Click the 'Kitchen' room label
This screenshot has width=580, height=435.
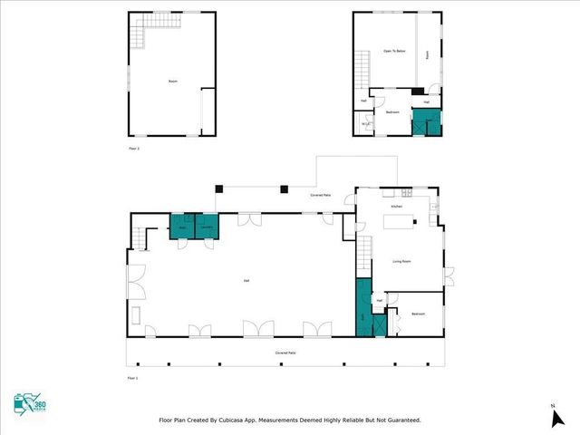click(x=396, y=207)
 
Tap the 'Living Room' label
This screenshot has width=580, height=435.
click(x=402, y=262)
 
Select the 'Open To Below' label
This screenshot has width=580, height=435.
click(x=393, y=51)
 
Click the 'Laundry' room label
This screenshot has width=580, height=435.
click(x=207, y=228)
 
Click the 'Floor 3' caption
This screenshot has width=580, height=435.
click(x=134, y=147)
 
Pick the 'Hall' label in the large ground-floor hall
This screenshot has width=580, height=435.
click(x=246, y=281)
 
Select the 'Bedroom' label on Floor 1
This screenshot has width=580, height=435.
click(x=418, y=314)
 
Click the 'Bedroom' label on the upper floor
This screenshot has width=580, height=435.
click(x=393, y=112)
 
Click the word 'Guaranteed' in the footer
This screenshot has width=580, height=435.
click(x=399, y=420)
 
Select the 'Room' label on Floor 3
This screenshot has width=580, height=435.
click(x=172, y=82)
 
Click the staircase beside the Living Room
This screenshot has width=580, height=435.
click(x=364, y=256)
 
